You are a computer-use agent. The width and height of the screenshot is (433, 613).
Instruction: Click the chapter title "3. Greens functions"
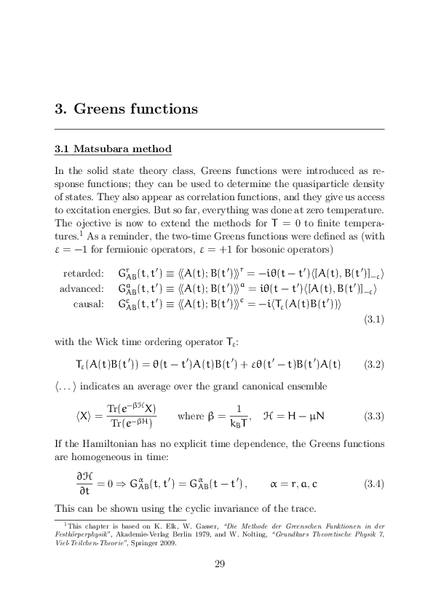[126, 108]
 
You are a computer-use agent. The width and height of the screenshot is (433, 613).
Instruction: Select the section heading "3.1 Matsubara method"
[113, 149]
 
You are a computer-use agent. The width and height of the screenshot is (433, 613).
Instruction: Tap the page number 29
[219, 563]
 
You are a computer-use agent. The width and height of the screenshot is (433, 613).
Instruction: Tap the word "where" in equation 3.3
[191, 416]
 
